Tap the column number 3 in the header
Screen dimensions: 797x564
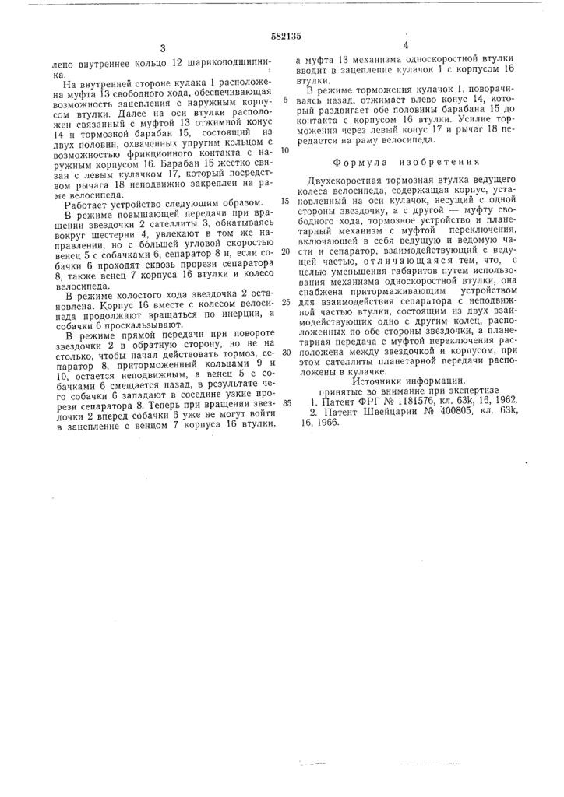pos(161,49)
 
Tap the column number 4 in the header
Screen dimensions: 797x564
pos(407,46)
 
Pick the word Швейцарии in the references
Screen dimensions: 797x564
pos(401,409)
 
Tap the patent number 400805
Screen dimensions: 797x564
pos(465,409)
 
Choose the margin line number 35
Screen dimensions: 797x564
pos(286,403)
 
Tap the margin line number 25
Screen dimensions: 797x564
pos(286,302)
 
